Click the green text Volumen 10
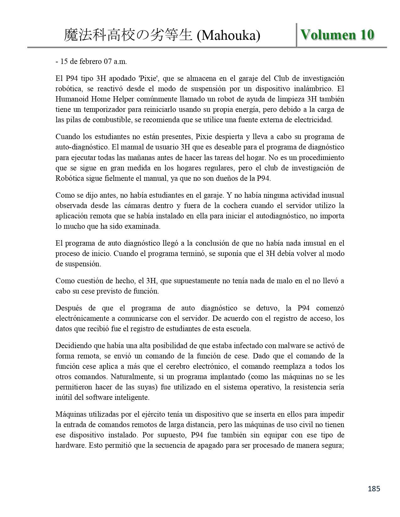click(x=337, y=34)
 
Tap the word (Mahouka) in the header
click(x=228, y=36)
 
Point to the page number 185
click(x=374, y=488)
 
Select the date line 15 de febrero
click(x=91, y=61)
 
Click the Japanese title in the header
click(x=128, y=36)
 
